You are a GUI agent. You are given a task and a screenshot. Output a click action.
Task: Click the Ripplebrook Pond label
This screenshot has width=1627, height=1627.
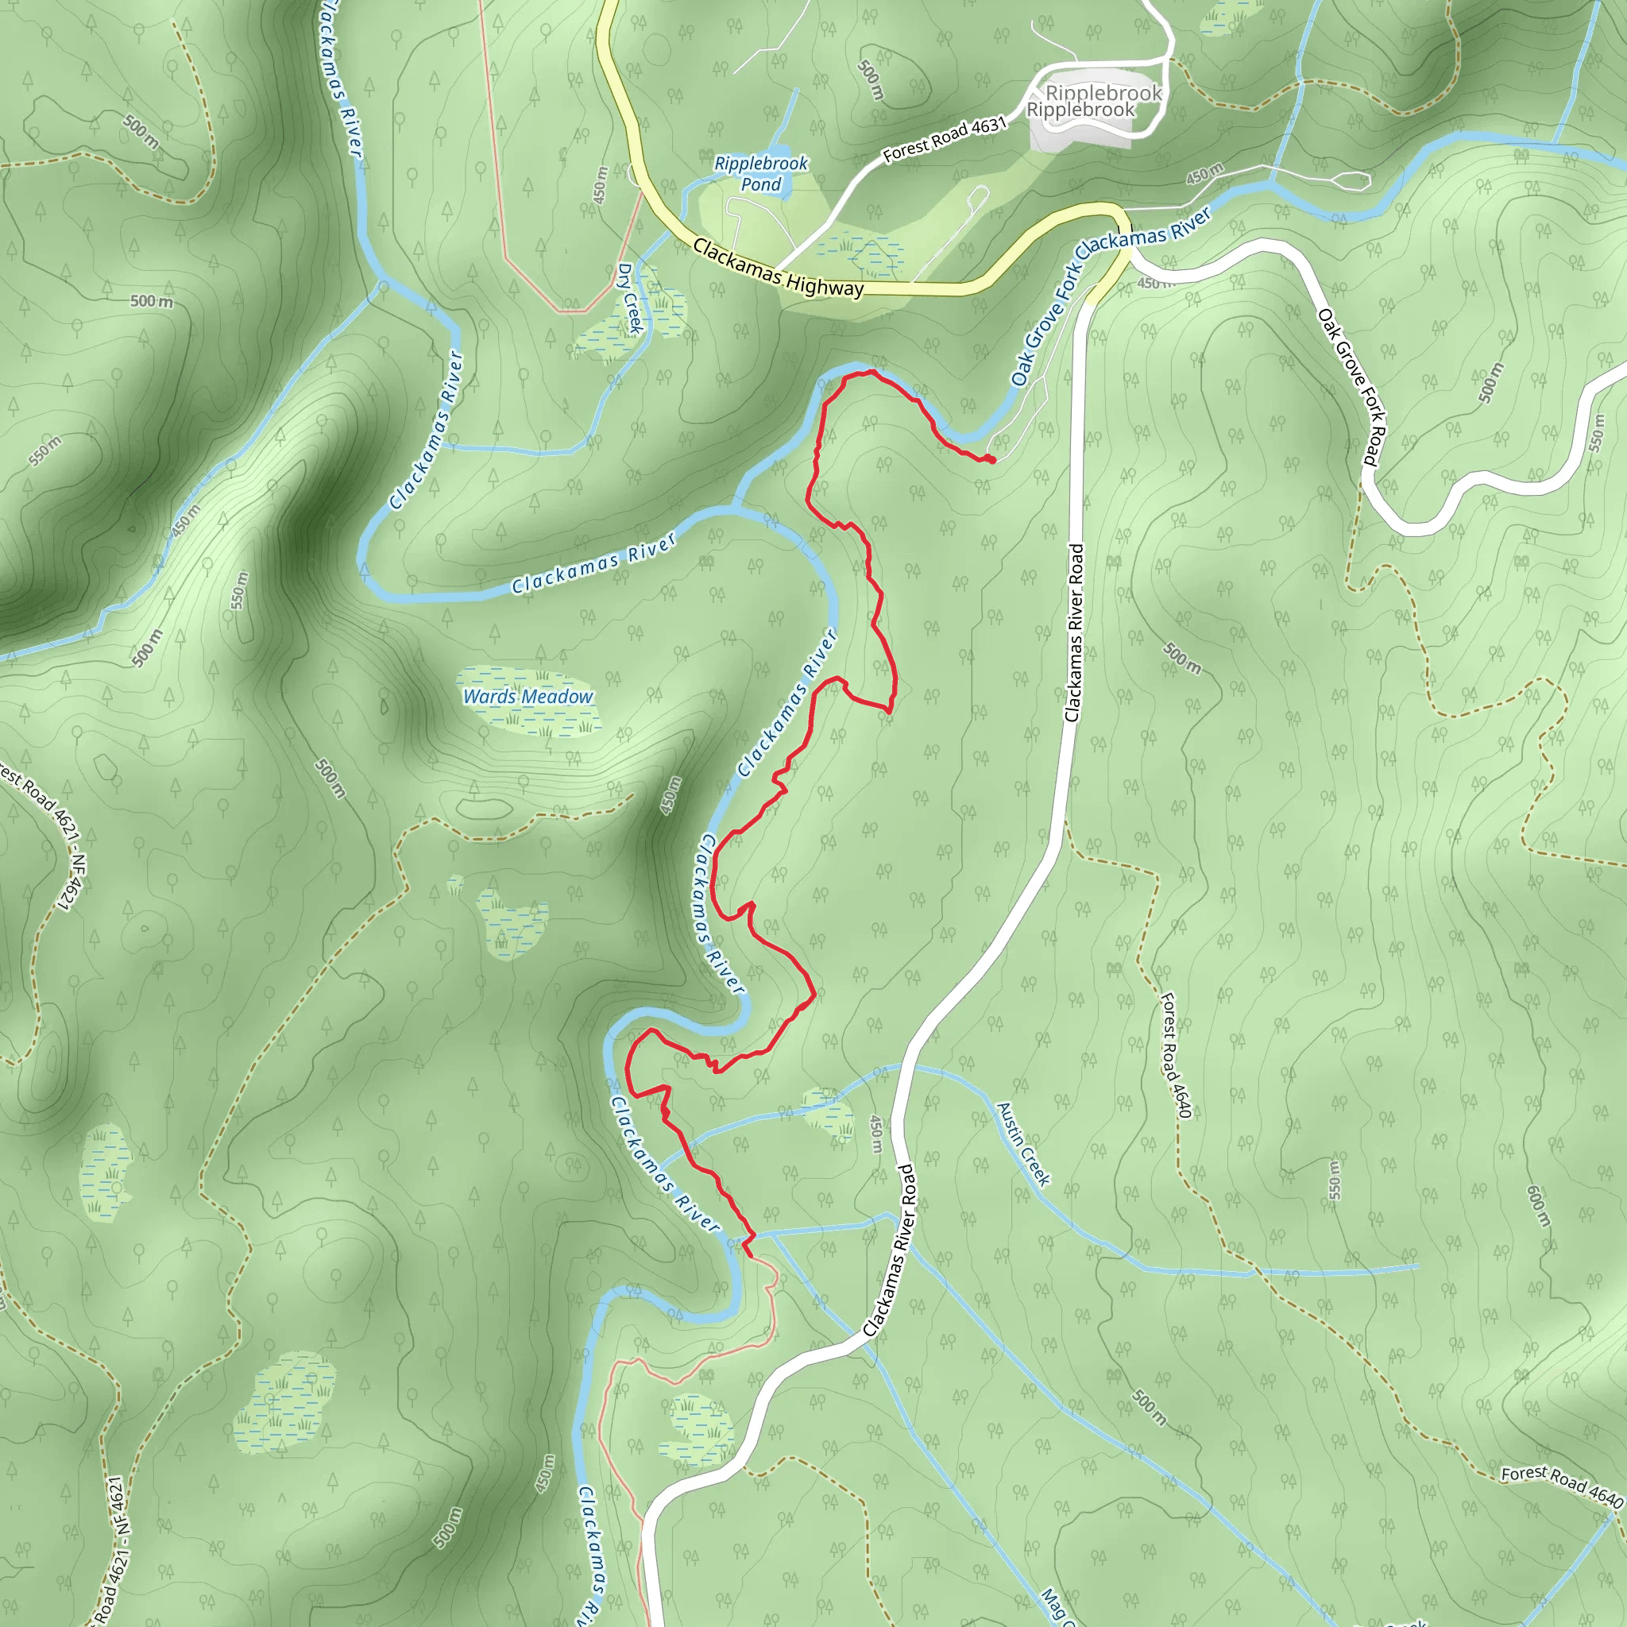click(x=760, y=173)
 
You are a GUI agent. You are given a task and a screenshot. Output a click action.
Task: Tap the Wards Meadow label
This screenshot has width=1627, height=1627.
click(x=528, y=697)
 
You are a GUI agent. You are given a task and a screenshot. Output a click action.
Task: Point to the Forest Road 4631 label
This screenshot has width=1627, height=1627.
click(x=944, y=139)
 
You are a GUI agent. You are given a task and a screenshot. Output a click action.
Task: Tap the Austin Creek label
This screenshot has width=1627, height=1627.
click(x=1023, y=1144)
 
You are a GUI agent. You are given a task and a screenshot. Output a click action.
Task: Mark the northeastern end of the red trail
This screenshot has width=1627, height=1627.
click(x=993, y=460)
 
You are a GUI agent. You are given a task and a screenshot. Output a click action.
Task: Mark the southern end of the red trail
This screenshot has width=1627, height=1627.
click(x=750, y=1257)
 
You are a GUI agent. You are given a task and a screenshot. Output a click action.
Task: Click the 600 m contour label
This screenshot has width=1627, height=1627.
click(x=1538, y=1206)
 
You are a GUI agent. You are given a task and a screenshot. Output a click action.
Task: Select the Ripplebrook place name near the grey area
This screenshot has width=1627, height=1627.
click(x=1081, y=110)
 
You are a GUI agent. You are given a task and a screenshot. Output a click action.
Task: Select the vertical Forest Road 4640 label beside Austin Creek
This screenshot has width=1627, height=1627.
click(x=1175, y=1056)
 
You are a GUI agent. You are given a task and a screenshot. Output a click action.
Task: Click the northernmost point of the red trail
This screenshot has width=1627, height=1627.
click(x=872, y=370)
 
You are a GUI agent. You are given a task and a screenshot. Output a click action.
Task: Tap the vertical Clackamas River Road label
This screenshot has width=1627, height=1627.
click(x=1074, y=632)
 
